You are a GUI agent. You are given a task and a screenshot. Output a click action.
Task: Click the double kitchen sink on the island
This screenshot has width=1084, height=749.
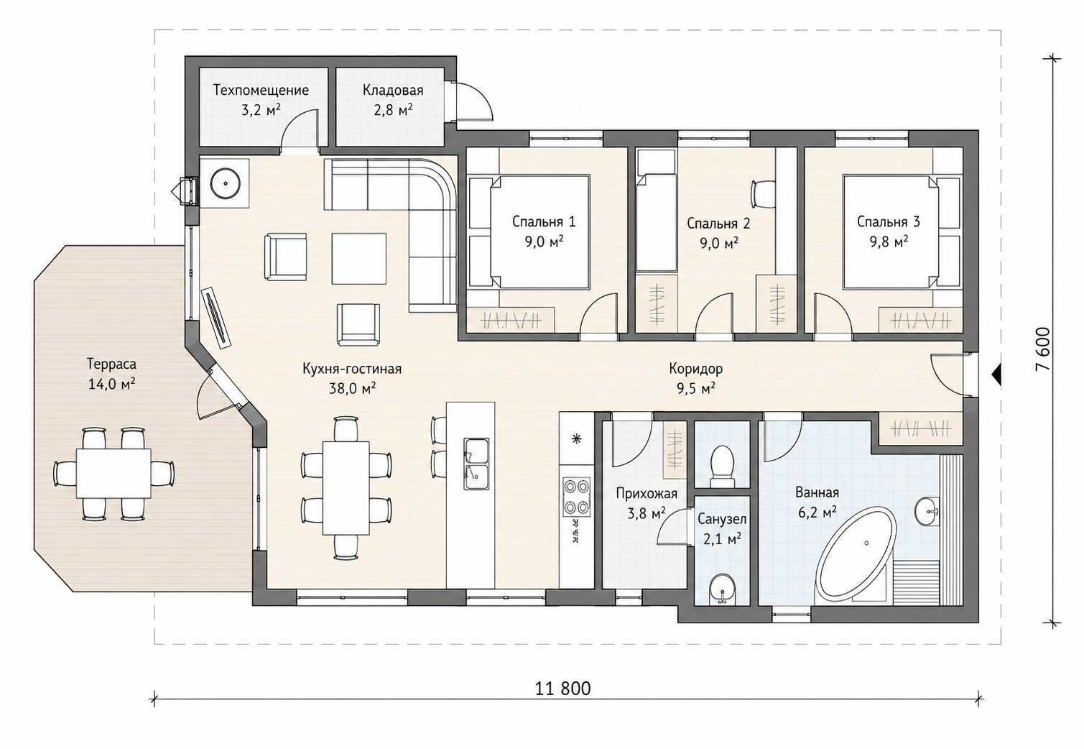476,464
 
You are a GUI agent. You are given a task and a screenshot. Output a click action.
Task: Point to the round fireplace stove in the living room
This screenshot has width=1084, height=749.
225,183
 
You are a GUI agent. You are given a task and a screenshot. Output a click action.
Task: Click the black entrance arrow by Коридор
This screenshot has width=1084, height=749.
996,374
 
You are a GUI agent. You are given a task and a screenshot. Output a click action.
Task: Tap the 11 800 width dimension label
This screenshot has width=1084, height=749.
562,688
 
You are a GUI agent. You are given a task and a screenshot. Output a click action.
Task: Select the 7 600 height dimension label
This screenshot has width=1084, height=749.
1043,349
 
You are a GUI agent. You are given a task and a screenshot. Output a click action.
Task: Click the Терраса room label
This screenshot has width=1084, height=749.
111,364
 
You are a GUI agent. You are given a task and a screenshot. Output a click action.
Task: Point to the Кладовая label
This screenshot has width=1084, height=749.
393,91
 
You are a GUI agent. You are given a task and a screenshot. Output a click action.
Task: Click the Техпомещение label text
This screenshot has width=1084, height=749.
261,91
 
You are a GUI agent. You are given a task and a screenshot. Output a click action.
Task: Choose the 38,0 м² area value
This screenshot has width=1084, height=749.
353,388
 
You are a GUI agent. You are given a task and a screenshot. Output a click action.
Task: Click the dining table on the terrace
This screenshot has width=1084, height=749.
114,473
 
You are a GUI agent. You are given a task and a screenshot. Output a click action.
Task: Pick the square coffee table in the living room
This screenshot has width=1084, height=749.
358,259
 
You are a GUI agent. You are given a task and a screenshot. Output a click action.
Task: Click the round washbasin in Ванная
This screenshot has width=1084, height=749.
927,511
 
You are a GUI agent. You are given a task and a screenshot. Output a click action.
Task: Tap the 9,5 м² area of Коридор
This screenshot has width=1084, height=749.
696,388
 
